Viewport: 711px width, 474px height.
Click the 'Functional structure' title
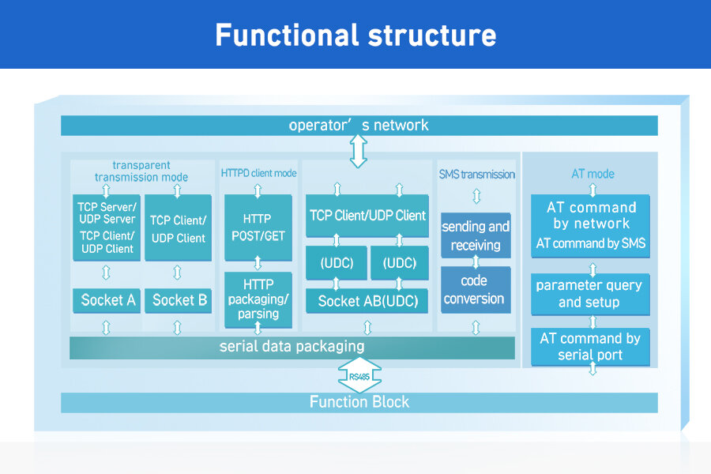[x=355, y=36]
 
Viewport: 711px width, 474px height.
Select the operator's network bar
[x=359, y=125]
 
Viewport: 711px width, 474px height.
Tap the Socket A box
[x=107, y=300]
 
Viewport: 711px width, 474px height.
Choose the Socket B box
[x=179, y=300]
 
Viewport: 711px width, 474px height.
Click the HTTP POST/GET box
[x=258, y=228]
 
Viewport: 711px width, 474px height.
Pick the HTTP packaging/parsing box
[x=258, y=299]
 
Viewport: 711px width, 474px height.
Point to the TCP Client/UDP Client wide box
[x=367, y=216]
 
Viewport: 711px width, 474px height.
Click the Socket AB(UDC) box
[x=367, y=301]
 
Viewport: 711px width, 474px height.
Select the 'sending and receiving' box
[x=476, y=235]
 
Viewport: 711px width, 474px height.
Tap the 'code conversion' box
[x=476, y=289]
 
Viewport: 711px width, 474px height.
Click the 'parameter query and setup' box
[x=590, y=294]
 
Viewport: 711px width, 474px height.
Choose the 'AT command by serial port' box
[x=590, y=347]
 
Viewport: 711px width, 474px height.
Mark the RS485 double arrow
[x=359, y=375]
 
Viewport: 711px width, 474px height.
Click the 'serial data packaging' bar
[x=292, y=348]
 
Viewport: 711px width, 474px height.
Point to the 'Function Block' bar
[x=359, y=402]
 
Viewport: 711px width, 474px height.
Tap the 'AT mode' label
[x=592, y=174]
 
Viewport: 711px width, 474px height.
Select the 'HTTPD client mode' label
[x=258, y=173]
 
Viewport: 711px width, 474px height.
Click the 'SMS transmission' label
[x=476, y=174]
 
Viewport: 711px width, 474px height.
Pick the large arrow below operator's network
[x=358, y=152]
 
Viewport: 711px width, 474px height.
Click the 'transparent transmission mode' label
[x=141, y=171]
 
